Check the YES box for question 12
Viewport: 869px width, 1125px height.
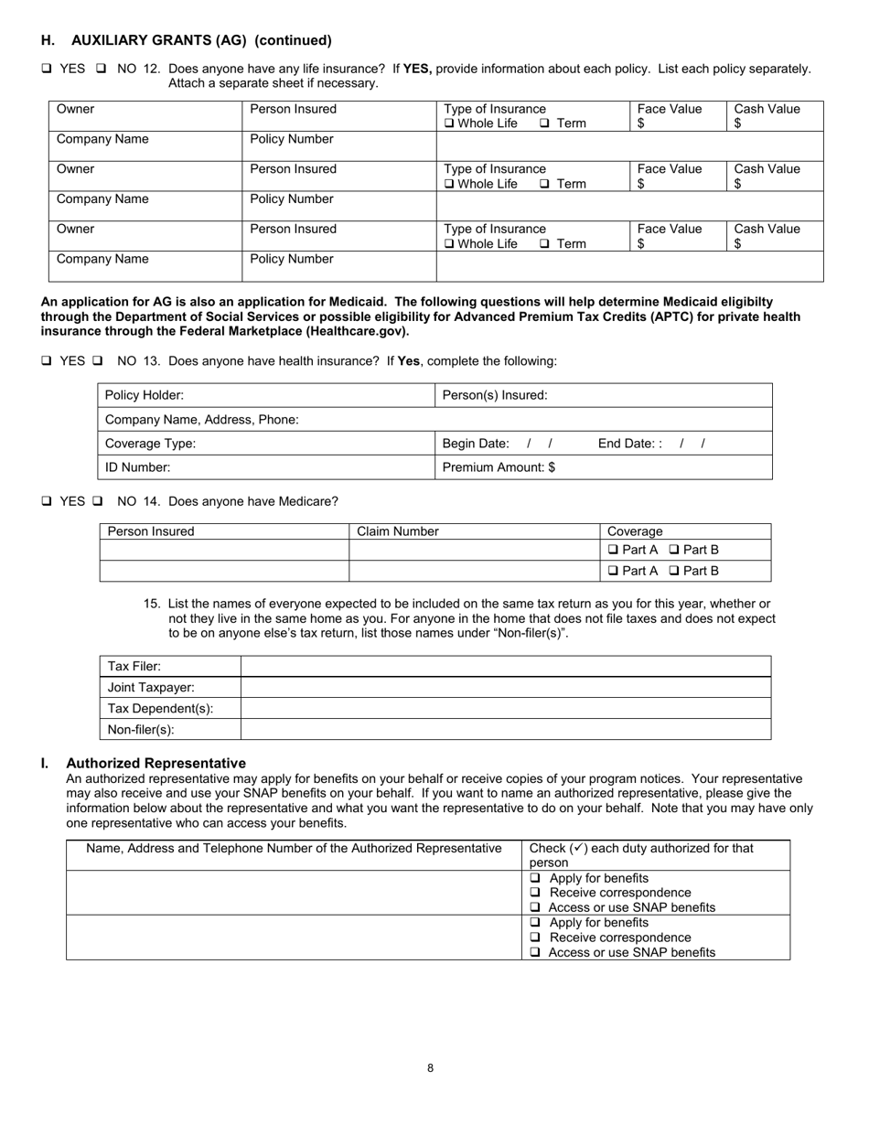[x=47, y=69]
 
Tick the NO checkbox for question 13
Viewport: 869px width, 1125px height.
[x=98, y=361]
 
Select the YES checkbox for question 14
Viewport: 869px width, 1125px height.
[x=47, y=502]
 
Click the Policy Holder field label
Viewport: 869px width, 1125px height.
[x=145, y=395]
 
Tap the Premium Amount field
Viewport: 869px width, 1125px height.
[x=499, y=467]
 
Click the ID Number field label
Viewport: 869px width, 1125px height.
[x=138, y=467]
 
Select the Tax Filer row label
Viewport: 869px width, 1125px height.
[x=134, y=667]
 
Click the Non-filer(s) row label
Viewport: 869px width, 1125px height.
[x=141, y=730]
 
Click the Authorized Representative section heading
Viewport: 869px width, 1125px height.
[x=156, y=763]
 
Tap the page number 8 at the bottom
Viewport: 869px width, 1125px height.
[x=430, y=1067]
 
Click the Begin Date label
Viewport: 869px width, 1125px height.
[x=476, y=444]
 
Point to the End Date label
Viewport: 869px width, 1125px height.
[x=628, y=444]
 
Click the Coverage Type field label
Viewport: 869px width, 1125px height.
[x=151, y=444]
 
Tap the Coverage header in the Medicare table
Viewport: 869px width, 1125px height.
[x=635, y=531]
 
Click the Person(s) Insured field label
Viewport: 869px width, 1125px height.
[x=495, y=395]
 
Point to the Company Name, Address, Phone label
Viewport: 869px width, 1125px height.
[x=202, y=420]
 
